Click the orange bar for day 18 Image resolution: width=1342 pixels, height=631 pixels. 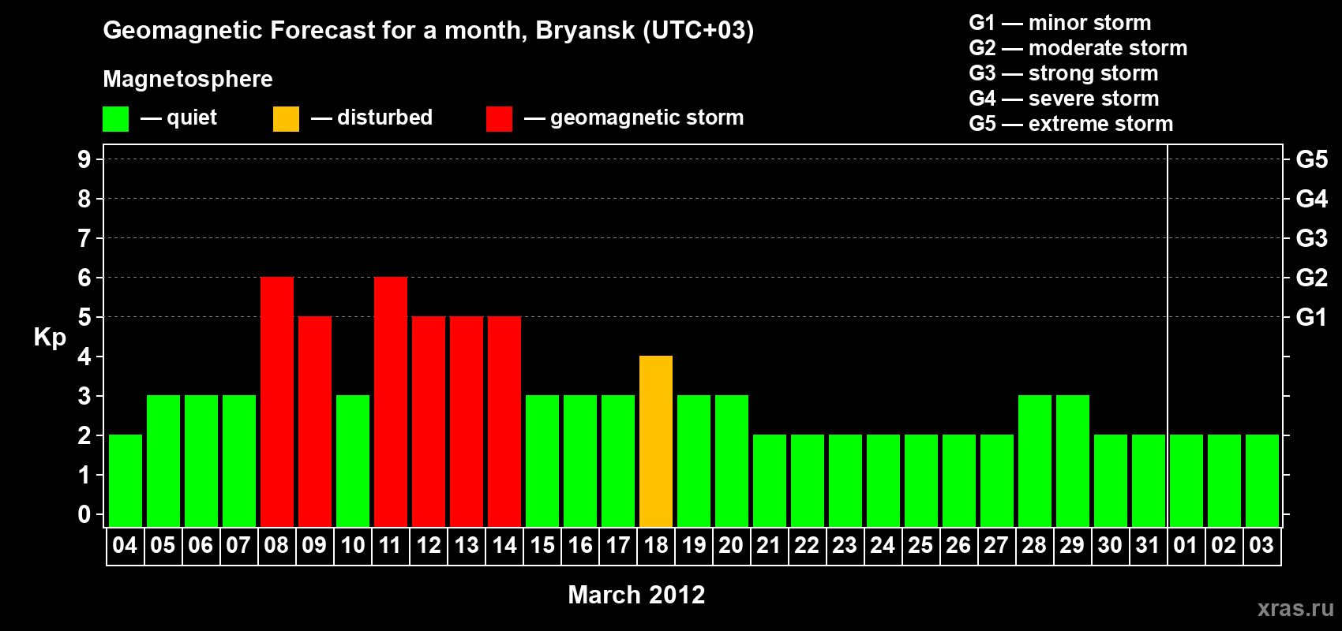(656, 441)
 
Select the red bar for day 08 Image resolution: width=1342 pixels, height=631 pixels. (277, 401)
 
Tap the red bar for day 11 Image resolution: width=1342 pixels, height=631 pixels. (391, 401)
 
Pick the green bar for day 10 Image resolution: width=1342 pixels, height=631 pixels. (353, 461)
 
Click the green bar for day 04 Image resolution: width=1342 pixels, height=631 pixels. (126, 480)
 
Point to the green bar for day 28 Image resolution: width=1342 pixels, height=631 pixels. (1035, 461)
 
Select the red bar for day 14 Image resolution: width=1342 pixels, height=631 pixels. (504, 421)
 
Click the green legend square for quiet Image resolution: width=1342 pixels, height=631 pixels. (115, 118)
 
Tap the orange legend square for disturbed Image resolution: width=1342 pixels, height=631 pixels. (286, 118)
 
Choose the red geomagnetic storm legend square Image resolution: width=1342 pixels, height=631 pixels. (500, 118)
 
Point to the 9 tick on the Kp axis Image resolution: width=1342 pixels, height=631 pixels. (84, 159)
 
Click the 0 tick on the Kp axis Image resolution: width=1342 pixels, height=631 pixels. (84, 514)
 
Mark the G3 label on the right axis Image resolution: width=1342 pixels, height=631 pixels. (1311, 238)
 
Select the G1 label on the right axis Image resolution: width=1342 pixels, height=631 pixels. (1311, 317)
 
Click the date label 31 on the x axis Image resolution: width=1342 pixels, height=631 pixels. (1148, 545)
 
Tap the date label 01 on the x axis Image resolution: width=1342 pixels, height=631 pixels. (1186, 545)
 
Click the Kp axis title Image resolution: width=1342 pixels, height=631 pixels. (50, 338)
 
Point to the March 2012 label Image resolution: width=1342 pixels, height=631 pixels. (636, 595)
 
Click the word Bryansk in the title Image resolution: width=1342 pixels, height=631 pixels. (585, 30)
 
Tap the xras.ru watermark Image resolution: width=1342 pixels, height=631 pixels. (1295, 608)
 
